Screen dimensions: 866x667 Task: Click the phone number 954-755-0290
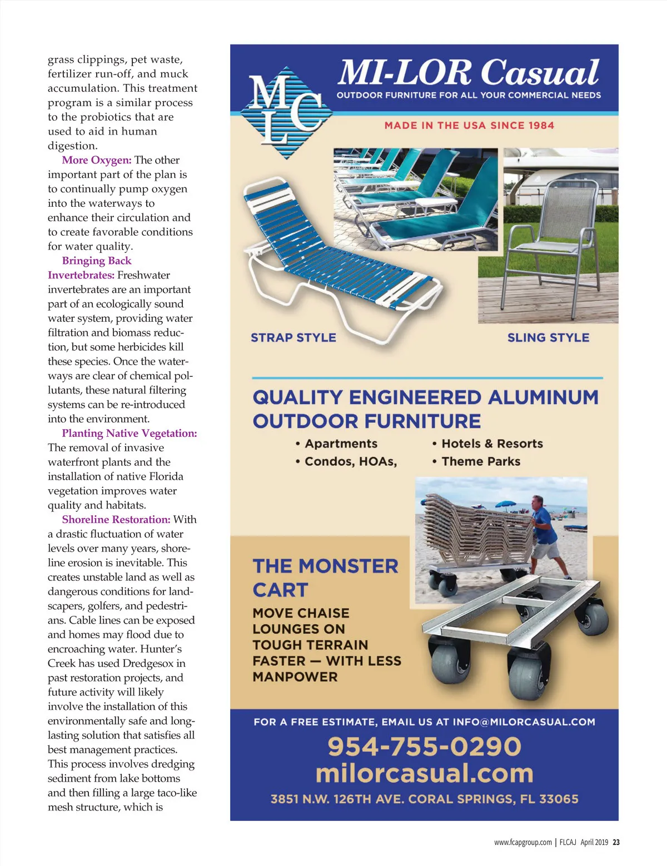click(x=424, y=746)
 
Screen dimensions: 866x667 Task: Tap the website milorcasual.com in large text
click(x=424, y=773)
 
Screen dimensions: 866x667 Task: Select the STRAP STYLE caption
click(x=293, y=337)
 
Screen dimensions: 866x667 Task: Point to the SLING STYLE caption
click(x=548, y=337)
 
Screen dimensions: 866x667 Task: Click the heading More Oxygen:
click(x=97, y=160)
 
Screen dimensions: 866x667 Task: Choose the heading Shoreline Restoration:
click(x=116, y=519)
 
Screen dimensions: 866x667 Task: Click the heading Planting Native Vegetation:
click(x=130, y=433)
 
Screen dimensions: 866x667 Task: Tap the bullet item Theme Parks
click(x=480, y=461)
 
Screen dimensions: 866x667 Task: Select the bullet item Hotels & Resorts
click(x=491, y=444)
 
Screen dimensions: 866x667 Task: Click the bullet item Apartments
click(x=341, y=444)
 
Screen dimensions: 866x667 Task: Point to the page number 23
click(x=616, y=842)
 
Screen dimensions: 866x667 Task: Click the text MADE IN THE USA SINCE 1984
click(x=469, y=126)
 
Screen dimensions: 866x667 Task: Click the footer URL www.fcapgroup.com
click(x=522, y=842)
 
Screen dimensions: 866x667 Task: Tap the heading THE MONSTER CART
click(x=325, y=578)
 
